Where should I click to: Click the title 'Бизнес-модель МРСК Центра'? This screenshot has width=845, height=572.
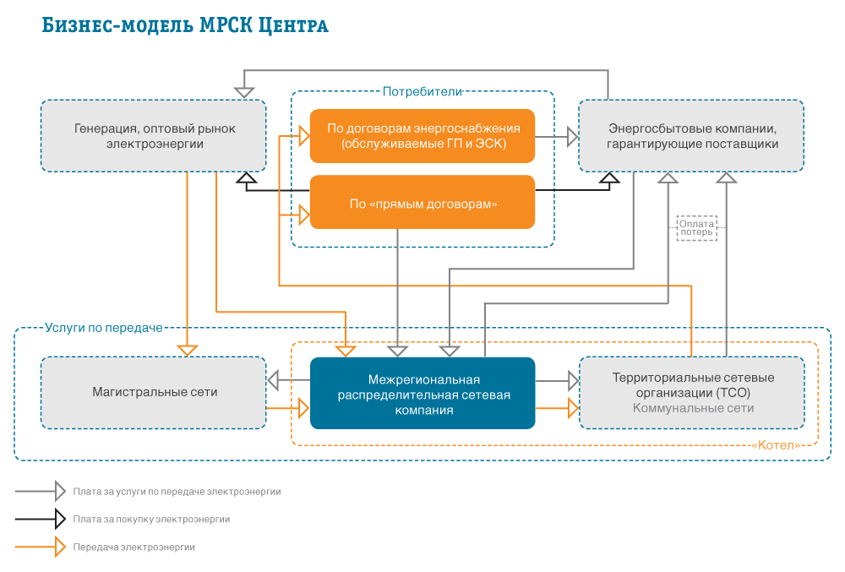(x=185, y=25)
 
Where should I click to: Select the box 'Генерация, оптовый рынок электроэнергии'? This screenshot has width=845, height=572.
(x=154, y=136)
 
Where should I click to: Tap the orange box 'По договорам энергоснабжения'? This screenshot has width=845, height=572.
(x=422, y=136)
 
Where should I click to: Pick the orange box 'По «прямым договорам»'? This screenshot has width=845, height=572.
(x=422, y=202)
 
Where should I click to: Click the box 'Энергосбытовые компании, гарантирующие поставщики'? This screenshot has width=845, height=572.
(x=691, y=136)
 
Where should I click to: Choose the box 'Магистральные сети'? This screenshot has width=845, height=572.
(x=154, y=393)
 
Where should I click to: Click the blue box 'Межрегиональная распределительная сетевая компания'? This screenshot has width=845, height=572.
(x=422, y=393)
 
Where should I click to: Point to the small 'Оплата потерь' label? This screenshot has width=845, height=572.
(x=696, y=228)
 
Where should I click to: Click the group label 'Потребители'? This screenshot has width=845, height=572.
(x=422, y=91)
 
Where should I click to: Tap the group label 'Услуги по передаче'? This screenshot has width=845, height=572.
(x=103, y=328)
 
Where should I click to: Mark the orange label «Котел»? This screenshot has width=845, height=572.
(x=776, y=445)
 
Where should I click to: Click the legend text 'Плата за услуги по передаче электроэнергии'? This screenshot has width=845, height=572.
(x=177, y=492)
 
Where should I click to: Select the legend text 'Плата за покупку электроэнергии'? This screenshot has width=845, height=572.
(x=151, y=520)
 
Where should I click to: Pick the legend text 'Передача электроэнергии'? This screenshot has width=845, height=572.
(x=134, y=547)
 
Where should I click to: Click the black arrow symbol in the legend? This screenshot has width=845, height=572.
(x=41, y=520)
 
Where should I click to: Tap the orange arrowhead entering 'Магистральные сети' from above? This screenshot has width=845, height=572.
(x=187, y=351)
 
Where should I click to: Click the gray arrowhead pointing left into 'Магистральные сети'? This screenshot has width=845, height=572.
(x=273, y=380)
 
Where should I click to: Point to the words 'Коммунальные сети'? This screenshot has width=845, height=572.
(x=693, y=408)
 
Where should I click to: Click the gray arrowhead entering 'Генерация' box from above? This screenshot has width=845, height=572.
(x=244, y=93)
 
